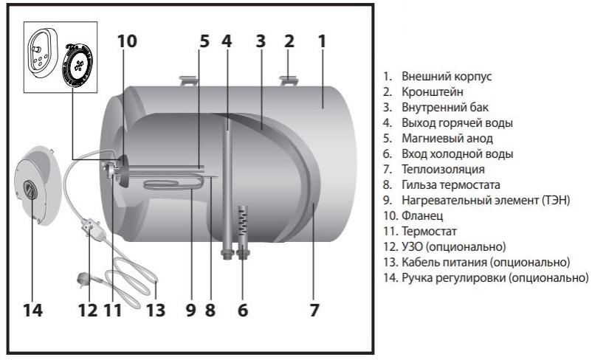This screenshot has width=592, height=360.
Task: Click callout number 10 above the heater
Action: [127, 41]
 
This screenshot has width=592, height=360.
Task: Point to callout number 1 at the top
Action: [322, 41]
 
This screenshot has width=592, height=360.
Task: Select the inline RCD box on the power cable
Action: [89, 223]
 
